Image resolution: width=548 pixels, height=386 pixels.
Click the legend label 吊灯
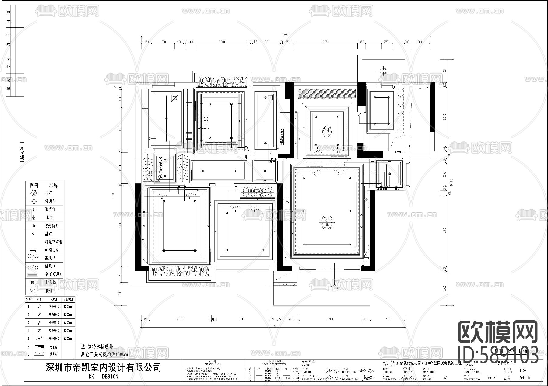[x=49, y=193]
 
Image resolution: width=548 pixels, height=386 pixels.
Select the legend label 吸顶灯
[x=51, y=201]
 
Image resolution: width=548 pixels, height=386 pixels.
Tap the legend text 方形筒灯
[x=52, y=226]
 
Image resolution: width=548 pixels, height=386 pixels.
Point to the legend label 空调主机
[x=52, y=250]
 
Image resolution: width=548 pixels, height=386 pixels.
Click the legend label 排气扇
[x=51, y=283]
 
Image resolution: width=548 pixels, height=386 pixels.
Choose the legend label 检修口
[x=51, y=291]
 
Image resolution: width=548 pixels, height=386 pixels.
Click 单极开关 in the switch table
[x=54, y=307]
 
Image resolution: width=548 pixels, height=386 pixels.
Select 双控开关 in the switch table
[x=54, y=338]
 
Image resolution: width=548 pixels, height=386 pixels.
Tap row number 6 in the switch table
[x=29, y=347]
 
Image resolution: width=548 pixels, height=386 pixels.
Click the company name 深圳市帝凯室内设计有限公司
[x=103, y=367]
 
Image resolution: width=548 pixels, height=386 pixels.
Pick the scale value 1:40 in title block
[x=523, y=371]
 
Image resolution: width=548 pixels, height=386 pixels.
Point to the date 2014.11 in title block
[x=524, y=378]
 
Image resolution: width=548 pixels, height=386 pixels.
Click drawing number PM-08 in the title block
[x=492, y=378]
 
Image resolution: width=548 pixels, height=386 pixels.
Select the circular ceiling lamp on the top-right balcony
[x=384, y=72]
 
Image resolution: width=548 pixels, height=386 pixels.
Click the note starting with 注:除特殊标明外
[x=97, y=346]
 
